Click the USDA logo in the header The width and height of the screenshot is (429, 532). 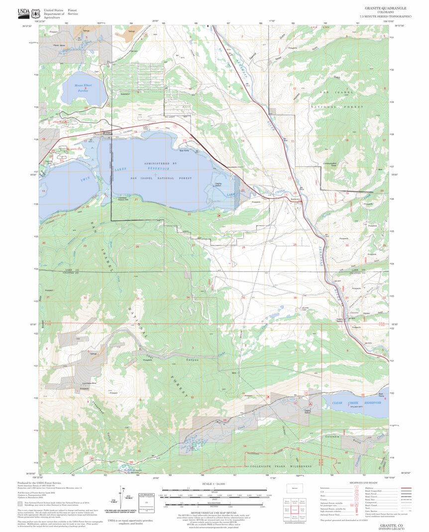tap(23, 13)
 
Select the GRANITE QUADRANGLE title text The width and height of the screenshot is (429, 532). tap(386, 8)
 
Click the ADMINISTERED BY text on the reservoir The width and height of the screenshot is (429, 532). tap(160, 163)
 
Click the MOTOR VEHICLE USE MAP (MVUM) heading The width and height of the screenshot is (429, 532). tap(214, 516)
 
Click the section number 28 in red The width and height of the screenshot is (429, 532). tap(243, 247)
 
